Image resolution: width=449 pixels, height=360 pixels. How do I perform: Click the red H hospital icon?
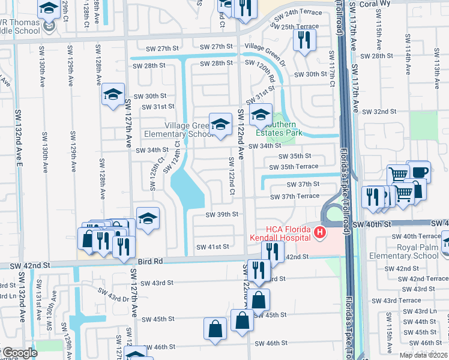tap(320, 232)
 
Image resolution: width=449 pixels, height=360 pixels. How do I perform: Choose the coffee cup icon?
tap(418, 172)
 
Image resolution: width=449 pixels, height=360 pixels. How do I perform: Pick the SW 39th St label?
tap(222, 214)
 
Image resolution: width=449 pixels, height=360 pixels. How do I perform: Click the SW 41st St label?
tap(212, 247)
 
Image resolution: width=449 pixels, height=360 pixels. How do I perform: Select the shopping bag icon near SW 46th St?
tap(215, 329)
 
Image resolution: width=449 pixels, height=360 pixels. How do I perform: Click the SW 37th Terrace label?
tap(295, 196)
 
